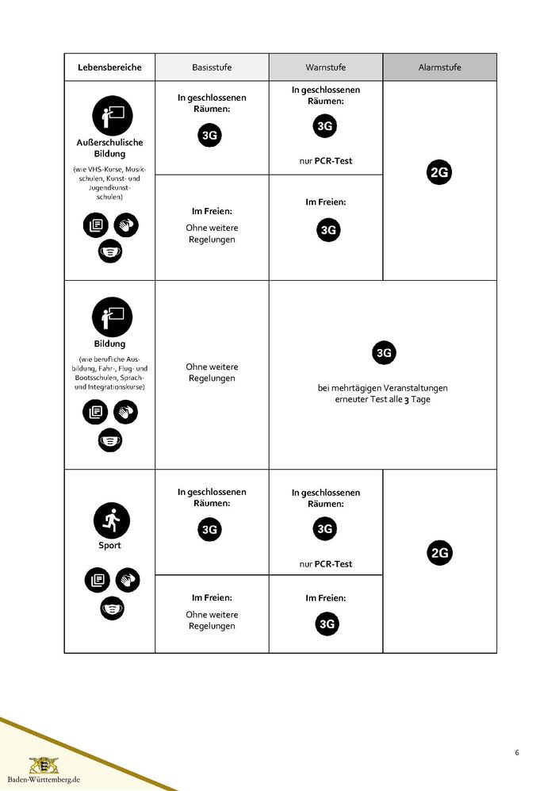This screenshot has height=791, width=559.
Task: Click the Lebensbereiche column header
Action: pyautogui.click(x=109, y=67)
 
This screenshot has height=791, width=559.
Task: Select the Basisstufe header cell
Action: pyautogui.click(x=212, y=67)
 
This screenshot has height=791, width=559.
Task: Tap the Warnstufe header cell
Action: pyautogui.click(x=326, y=67)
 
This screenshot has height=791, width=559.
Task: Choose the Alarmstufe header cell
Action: pyautogui.click(x=440, y=67)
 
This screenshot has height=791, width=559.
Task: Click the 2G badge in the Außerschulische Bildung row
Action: pyautogui.click(x=439, y=172)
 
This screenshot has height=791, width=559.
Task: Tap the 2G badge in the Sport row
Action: pyautogui.click(x=439, y=553)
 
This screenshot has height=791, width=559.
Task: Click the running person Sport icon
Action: pyautogui.click(x=110, y=520)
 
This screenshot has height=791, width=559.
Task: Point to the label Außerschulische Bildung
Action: pyautogui.click(x=109, y=148)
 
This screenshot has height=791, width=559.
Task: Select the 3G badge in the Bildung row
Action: pyautogui.click(x=384, y=353)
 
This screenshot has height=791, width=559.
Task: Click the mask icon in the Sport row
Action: pyautogui.click(x=111, y=609)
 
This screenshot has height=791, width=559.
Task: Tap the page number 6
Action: pyautogui.click(x=517, y=752)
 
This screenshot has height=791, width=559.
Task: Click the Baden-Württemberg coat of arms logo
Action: pyautogui.click(x=44, y=766)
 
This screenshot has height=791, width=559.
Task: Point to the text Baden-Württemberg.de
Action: pyautogui.click(x=44, y=781)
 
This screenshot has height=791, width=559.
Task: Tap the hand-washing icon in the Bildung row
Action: pyautogui.click(x=125, y=412)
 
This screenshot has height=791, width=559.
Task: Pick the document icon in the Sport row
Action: pyautogui.click(x=97, y=580)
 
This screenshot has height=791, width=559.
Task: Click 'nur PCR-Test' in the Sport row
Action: pyautogui.click(x=326, y=564)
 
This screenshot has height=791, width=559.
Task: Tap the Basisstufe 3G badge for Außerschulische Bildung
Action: pyautogui.click(x=210, y=136)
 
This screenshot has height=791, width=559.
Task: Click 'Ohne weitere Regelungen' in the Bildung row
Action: pyautogui.click(x=212, y=373)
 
